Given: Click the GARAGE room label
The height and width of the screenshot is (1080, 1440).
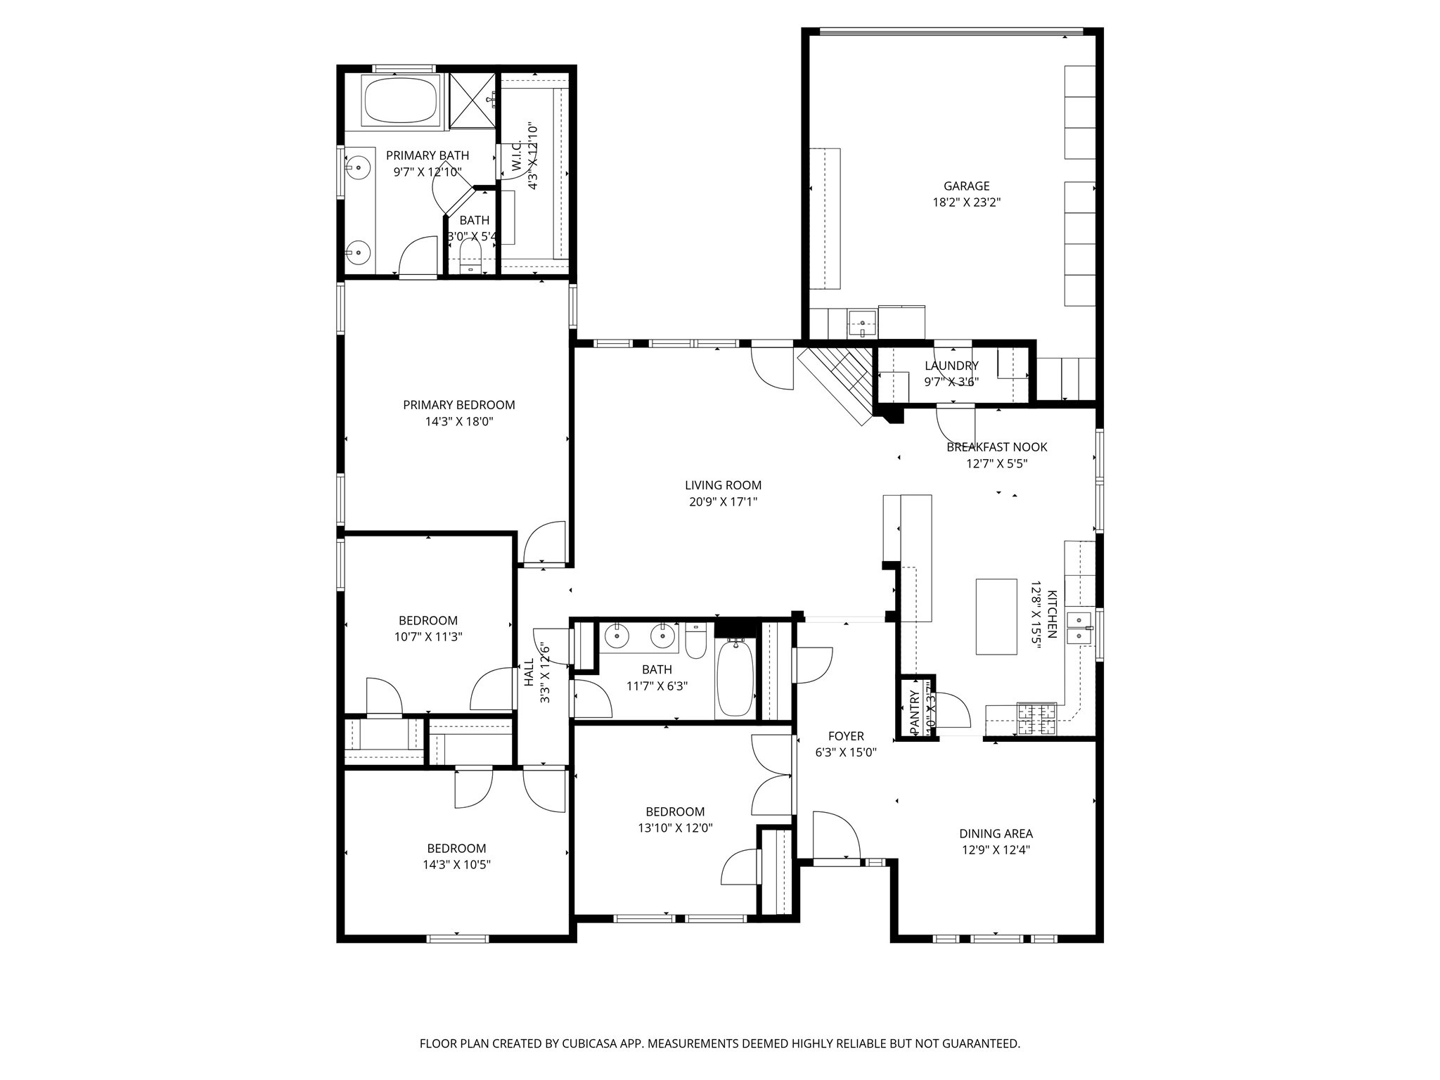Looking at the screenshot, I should point(966,186).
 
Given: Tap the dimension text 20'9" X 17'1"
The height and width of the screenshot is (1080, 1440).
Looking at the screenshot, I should point(723,502).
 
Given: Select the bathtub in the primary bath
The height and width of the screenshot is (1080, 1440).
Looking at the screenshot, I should point(401,101).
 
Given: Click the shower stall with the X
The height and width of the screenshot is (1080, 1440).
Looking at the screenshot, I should point(472,101).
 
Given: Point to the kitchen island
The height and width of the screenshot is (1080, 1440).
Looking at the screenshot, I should point(996,616).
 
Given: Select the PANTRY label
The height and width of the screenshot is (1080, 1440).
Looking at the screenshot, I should point(914,713).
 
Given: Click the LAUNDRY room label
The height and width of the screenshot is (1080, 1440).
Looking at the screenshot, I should point(951,366).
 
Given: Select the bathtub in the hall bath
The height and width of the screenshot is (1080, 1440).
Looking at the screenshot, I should point(735,678).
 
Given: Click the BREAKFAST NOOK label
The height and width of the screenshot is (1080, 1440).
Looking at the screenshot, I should point(996,447).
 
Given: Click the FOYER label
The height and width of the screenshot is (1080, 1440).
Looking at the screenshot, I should point(845,736).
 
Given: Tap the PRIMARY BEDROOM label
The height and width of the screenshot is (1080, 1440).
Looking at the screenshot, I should point(458,405).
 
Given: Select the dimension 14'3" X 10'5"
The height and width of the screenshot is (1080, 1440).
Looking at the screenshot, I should point(456,865).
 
